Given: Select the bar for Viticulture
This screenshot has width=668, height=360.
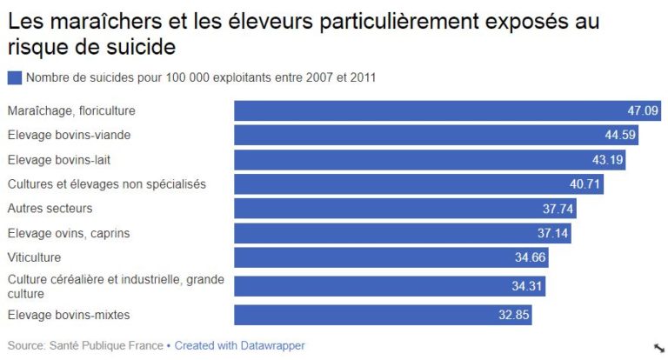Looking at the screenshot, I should pos(391,258).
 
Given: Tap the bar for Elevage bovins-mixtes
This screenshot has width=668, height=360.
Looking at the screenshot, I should pos(383,315).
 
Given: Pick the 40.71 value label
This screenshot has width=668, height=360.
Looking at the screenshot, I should pos(585,184).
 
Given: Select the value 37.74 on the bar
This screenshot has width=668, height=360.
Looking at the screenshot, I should pos(558,209).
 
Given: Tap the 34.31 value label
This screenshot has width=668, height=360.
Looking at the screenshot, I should pos(527,286).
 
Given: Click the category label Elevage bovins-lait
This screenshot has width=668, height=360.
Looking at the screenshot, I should pos(59,160).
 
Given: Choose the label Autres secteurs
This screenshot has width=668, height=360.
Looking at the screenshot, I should pos(50,209).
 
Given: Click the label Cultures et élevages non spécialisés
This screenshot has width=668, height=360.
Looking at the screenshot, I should pos(106,184).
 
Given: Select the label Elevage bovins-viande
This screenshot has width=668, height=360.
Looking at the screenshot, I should pos(69,135).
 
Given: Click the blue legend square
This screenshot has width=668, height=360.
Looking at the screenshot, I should pos(14,77).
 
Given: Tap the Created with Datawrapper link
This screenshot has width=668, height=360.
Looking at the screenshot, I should pos(239,345).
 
